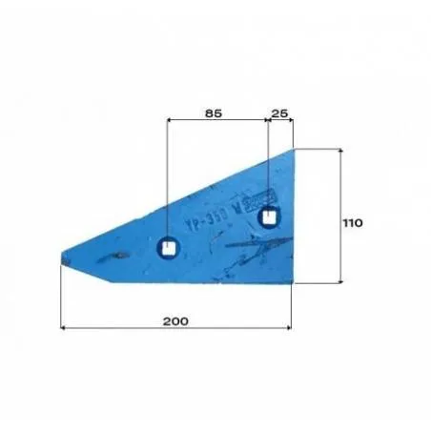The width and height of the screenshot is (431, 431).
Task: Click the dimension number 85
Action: [x=213, y=113]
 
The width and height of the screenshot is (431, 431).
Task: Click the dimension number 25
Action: [x=279, y=113]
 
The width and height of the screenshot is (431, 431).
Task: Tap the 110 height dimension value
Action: [x=353, y=222]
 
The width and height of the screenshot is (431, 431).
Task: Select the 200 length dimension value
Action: [x=174, y=321]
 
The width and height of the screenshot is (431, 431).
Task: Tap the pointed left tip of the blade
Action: [x=62, y=256]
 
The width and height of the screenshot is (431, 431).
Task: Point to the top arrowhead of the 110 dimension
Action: [x=340, y=151]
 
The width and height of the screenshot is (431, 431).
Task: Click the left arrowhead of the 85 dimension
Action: [x=170, y=121]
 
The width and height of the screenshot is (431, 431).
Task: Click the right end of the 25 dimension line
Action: [x=292, y=121]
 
